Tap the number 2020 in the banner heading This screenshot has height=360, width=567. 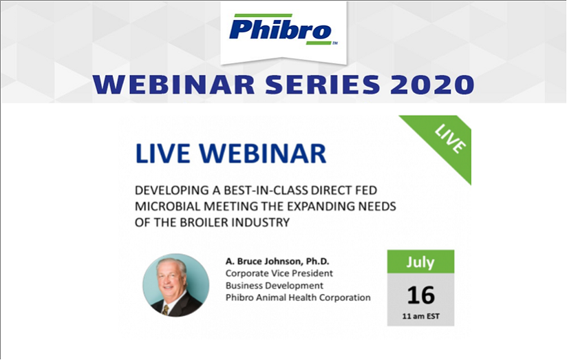(432, 85)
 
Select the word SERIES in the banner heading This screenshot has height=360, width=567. (323, 85)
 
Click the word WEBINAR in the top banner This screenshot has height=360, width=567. (174, 85)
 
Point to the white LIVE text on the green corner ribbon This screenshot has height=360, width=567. (450, 139)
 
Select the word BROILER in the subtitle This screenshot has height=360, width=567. (204, 222)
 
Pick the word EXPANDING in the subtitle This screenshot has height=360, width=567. (319, 207)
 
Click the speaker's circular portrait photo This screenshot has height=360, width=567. (176, 285)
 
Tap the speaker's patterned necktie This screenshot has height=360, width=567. (166, 310)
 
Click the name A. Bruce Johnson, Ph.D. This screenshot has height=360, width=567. (277, 262)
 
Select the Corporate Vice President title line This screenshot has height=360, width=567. (279, 273)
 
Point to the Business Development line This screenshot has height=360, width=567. (275, 286)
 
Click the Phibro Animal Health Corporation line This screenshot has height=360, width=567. (298, 297)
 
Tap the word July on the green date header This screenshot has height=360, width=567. (420, 262)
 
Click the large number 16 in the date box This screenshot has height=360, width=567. (420, 295)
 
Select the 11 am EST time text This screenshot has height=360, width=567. (420, 316)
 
